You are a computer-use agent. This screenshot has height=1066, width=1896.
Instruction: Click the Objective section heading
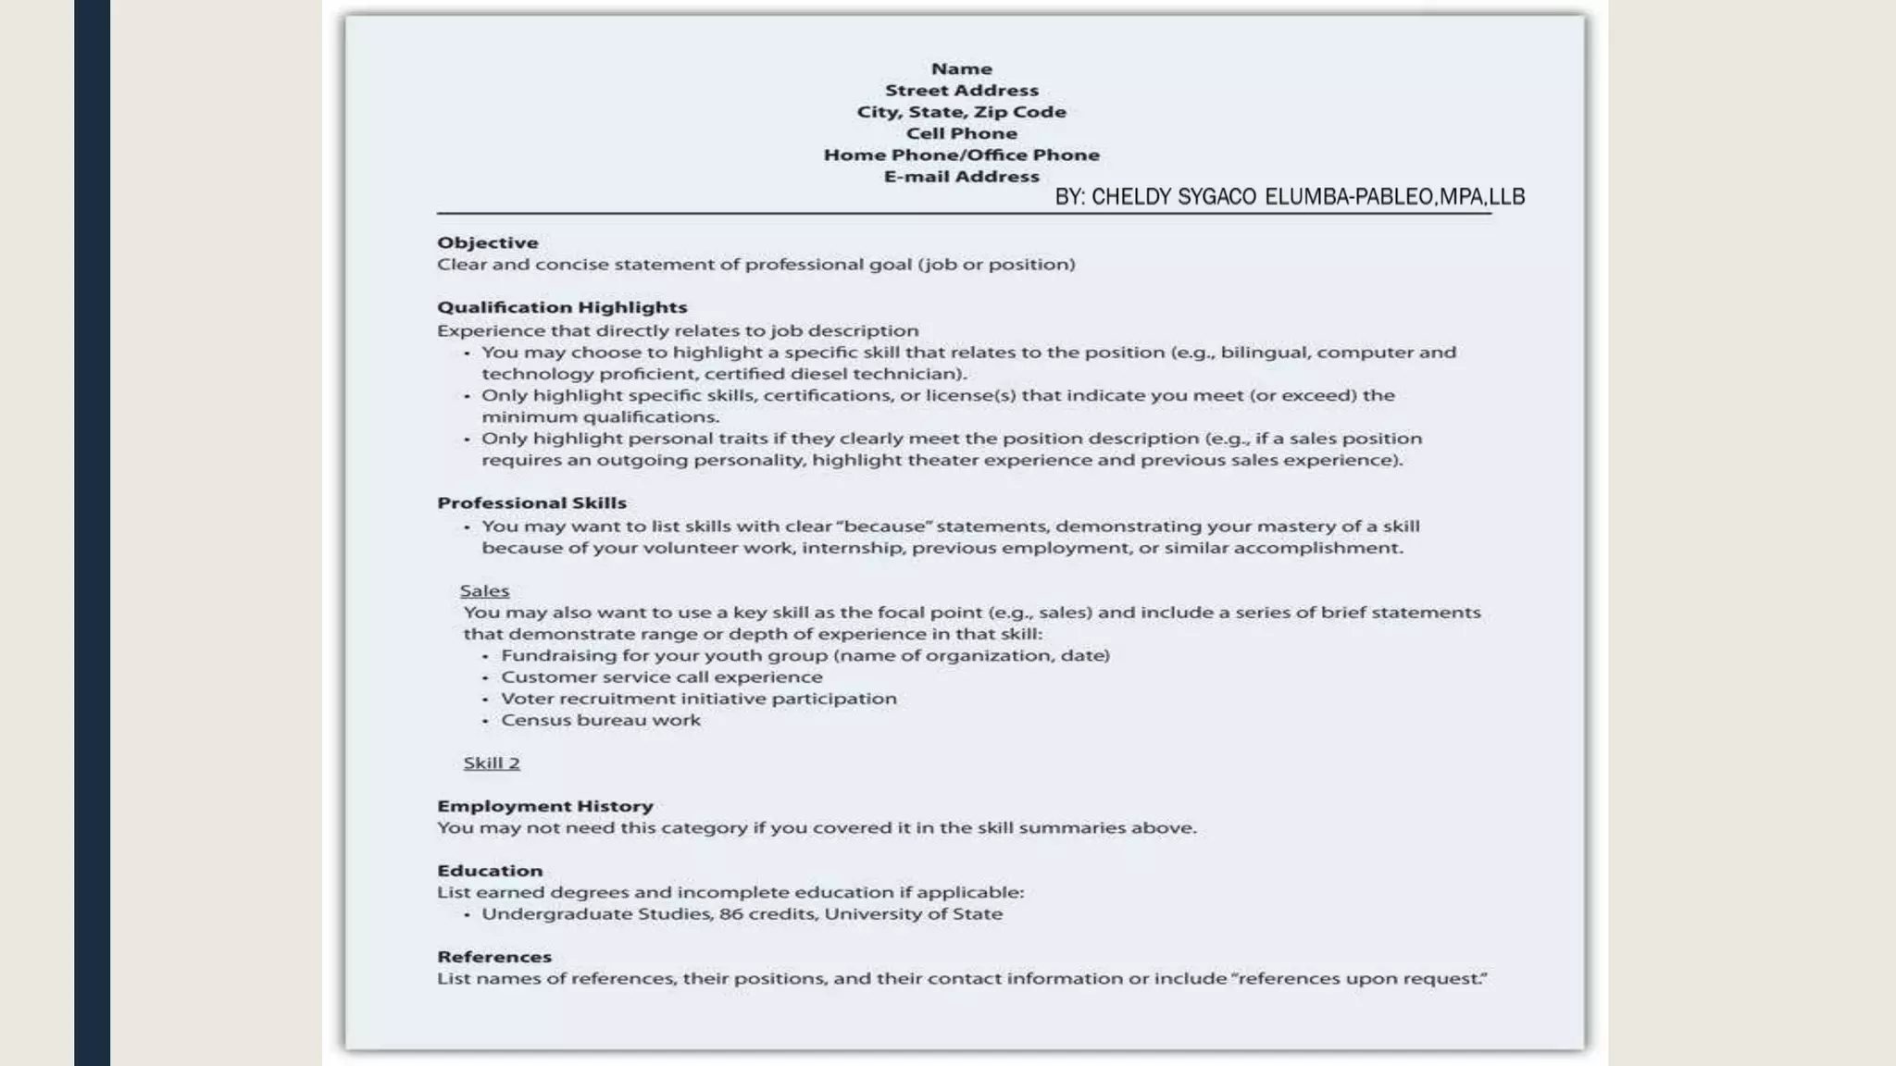pos(487,242)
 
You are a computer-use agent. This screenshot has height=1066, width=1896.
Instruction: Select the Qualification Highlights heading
pos(562,307)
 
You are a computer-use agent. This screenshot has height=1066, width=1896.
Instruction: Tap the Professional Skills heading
pos(531,502)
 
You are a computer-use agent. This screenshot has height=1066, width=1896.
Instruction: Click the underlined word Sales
pos(484,590)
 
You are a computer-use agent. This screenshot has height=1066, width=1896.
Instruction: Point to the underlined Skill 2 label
pos(492,762)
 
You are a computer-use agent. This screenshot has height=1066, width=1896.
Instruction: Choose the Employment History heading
pos(544,806)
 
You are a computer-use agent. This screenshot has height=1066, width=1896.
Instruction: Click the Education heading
pos(490,871)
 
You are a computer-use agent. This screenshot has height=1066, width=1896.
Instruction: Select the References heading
pos(493,957)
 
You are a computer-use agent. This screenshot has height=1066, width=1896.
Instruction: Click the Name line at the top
pos(961,68)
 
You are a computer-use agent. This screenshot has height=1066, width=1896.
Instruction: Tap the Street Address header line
pos(961,91)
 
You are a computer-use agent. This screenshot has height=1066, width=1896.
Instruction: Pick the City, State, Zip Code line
pos(961,112)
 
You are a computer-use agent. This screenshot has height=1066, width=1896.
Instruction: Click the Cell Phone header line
pos(961,133)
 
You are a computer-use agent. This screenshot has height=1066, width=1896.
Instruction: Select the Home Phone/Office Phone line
pos(961,155)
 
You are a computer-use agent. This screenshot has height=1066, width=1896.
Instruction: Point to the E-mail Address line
pos(961,176)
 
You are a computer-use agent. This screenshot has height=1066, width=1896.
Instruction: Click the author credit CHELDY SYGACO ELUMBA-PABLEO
pos(1290,196)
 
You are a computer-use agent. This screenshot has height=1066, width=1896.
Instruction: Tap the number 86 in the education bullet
pos(730,914)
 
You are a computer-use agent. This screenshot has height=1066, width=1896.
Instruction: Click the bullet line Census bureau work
pos(601,720)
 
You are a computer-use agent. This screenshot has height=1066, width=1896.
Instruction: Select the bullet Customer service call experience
pos(661,676)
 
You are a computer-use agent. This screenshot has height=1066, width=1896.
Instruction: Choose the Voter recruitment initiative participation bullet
pos(698,699)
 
